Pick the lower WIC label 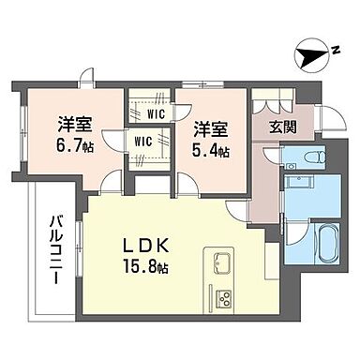(142, 141)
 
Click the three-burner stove (226, 301)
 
